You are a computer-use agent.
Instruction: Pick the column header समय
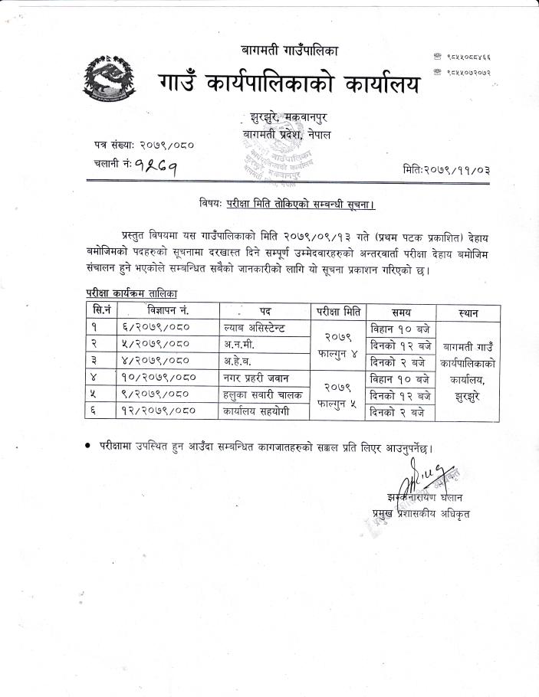[401, 312]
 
